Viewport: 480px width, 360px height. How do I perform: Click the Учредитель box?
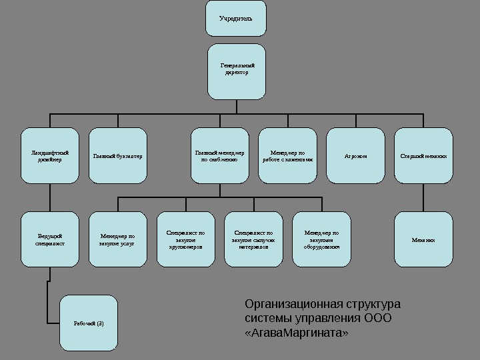pyautogui.click(x=236, y=18)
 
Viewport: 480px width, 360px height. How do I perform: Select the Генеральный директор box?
pyautogui.click(x=236, y=71)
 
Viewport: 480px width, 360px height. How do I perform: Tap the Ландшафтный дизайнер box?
pyautogui.click(x=50, y=155)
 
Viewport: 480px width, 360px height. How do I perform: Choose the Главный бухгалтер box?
pyautogui.click(x=118, y=155)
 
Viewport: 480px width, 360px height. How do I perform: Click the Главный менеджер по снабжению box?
pyautogui.click(x=219, y=155)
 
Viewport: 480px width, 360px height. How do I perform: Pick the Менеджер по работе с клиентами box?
pyautogui.click(x=287, y=155)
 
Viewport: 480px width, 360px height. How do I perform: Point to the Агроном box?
pyautogui.click(x=355, y=155)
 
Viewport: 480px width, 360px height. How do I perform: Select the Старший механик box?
pyautogui.click(x=423, y=155)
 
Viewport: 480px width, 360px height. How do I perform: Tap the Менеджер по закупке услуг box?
pyautogui.click(x=118, y=239)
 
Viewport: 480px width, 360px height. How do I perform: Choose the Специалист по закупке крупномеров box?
pyautogui.click(x=186, y=239)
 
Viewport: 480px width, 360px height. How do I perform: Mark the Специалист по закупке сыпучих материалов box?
pyautogui.click(x=253, y=239)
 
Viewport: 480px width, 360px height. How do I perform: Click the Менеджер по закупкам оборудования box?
pyautogui.click(x=321, y=239)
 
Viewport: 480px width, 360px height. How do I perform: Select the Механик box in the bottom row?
pyautogui.click(x=423, y=239)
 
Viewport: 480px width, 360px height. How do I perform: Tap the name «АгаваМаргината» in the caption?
pyautogui.click(x=297, y=331)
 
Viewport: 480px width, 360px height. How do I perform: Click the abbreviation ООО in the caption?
pyautogui.click(x=379, y=318)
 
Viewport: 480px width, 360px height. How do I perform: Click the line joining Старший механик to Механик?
pyautogui.click(x=423, y=197)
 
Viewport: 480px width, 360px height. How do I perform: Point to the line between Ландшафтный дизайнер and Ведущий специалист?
pyautogui.click(x=50, y=197)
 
